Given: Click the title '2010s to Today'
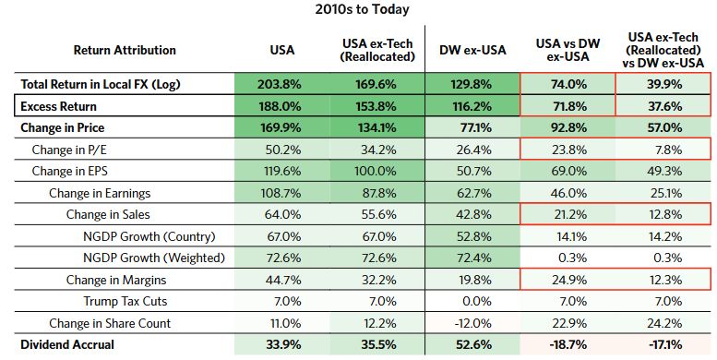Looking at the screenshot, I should click(360, 10).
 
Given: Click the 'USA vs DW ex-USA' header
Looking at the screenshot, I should click(568, 50).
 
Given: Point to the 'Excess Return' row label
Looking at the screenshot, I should click(54, 104).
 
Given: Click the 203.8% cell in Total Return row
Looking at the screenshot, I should click(281, 83).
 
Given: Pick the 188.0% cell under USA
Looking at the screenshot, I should click(281, 104).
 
